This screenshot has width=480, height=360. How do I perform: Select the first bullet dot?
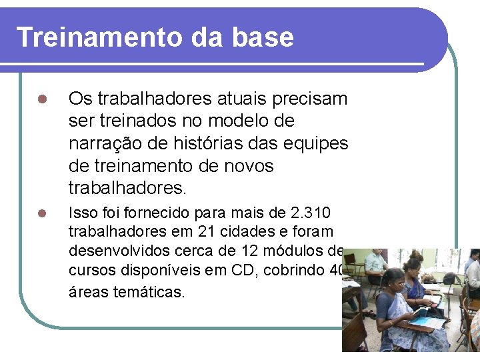click(x=41, y=100)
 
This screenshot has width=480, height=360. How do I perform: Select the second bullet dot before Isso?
click(x=41, y=213)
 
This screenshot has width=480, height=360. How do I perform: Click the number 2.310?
click(x=311, y=213)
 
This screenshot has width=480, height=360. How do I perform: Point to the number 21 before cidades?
click(x=205, y=232)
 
